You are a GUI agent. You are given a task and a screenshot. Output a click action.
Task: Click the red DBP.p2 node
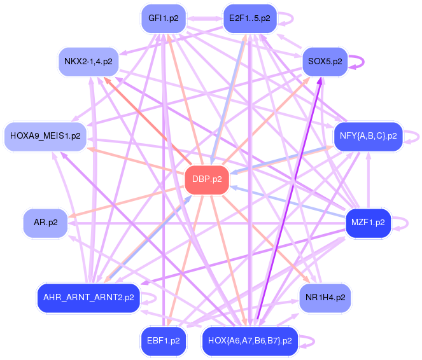pyautogui.click(x=206, y=179)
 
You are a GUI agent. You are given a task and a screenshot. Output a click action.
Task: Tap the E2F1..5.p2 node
pyautogui.click(x=250, y=18)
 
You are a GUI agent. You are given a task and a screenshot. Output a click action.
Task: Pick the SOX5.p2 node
pyautogui.click(x=325, y=62)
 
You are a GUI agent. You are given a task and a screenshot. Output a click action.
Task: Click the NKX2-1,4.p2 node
pyautogui.click(x=88, y=62)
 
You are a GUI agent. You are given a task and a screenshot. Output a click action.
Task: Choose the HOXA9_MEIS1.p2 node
pyautogui.click(x=45, y=136)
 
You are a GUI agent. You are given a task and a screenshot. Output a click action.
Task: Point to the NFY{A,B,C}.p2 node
pyautogui.click(x=368, y=136)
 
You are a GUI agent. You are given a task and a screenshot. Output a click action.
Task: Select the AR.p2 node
pyautogui.click(x=45, y=223)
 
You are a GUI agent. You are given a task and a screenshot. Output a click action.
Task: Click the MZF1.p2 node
pyautogui.click(x=368, y=223)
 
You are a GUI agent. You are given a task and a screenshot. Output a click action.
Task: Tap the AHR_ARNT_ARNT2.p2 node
pyautogui.click(x=88, y=297)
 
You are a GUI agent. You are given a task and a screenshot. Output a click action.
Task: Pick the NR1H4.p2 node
pyautogui.click(x=325, y=297)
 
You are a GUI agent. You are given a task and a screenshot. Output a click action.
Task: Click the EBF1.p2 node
pyautogui.click(x=164, y=340)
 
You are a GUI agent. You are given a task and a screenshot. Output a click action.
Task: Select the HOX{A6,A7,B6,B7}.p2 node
pyautogui.click(x=250, y=340)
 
